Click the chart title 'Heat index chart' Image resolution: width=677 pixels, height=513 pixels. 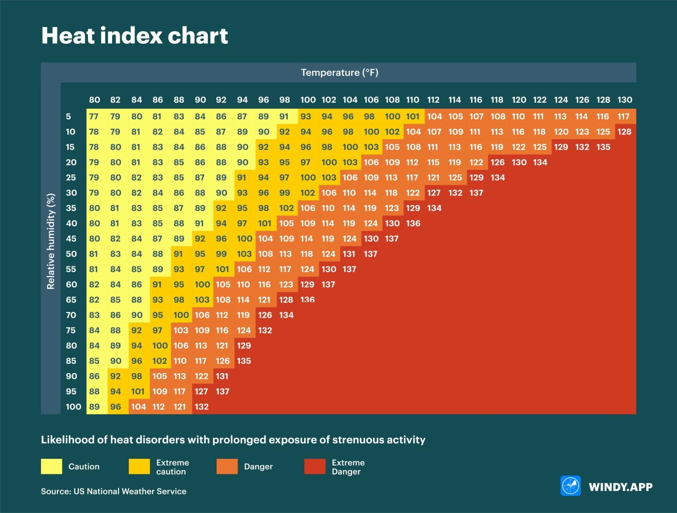[134, 36]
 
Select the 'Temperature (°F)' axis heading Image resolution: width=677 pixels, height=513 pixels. [339, 73]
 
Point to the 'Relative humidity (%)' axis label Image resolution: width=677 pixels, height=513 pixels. [51, 241]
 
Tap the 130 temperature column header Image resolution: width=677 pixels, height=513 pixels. [625, 100]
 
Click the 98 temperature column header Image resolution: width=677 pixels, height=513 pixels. [285, 100]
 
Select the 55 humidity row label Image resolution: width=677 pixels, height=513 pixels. [71, 269]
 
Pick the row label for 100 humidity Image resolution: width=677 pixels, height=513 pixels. [73, 406]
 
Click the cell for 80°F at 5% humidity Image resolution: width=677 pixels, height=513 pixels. [94, 116]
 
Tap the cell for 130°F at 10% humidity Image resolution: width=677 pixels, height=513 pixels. [624, 132]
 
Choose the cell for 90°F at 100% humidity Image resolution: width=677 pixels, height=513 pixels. [202, 406]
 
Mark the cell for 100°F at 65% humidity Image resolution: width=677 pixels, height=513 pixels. [307, 300]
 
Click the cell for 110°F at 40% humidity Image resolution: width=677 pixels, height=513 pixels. [413, 223]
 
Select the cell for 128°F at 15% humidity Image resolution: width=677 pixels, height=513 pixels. [603, 147]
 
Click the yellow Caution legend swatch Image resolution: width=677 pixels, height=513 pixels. [52, 467]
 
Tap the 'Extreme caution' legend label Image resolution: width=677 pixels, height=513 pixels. [173, 467]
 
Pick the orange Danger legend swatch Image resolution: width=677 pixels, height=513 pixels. [227, 467]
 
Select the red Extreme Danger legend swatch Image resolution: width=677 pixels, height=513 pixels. [315, 467]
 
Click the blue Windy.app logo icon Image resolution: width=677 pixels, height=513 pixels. [570, 486]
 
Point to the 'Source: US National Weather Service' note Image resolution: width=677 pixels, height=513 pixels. [114, 491]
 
